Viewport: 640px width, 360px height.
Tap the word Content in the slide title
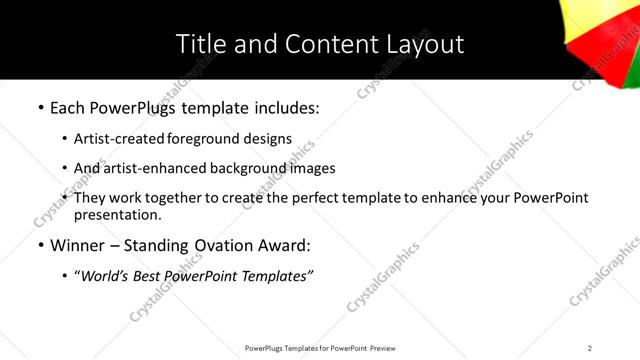point(317,44)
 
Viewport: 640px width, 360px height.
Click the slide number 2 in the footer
point(590,348)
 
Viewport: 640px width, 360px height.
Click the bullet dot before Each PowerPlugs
point(40,106)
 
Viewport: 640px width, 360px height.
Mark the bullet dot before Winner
point(40,245)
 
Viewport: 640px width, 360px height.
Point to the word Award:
point(282,245)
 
